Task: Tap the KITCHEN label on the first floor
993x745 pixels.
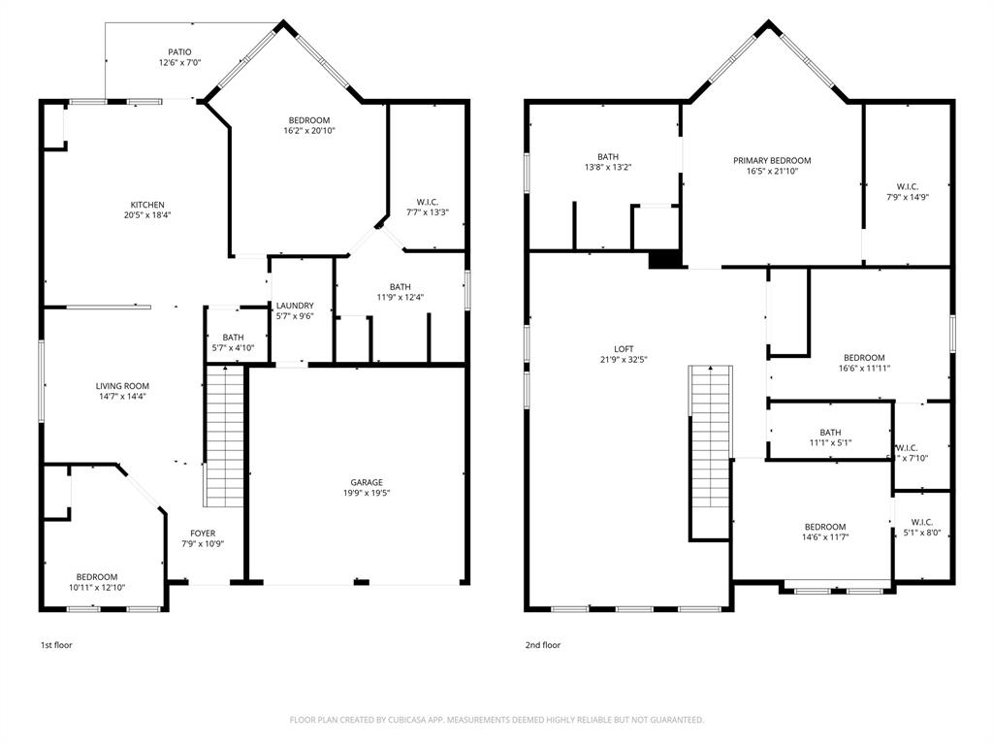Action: coord(147,205)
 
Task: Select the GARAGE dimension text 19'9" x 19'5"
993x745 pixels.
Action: coord(366,493)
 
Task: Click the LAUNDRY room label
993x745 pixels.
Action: coord(294,306)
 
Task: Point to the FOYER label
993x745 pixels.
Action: coord(203,534)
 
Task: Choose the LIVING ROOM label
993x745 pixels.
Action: coord(122,386)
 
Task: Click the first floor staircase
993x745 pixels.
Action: coord(224,437)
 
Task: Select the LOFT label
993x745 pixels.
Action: coord(624,349)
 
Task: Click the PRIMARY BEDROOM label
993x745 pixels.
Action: coord(772,161)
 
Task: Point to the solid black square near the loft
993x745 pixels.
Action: coord(664,259)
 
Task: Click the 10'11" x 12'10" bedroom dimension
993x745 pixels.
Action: coord(97,587)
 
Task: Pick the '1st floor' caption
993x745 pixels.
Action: coord(56,645)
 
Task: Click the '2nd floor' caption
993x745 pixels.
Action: coord(543,645)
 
